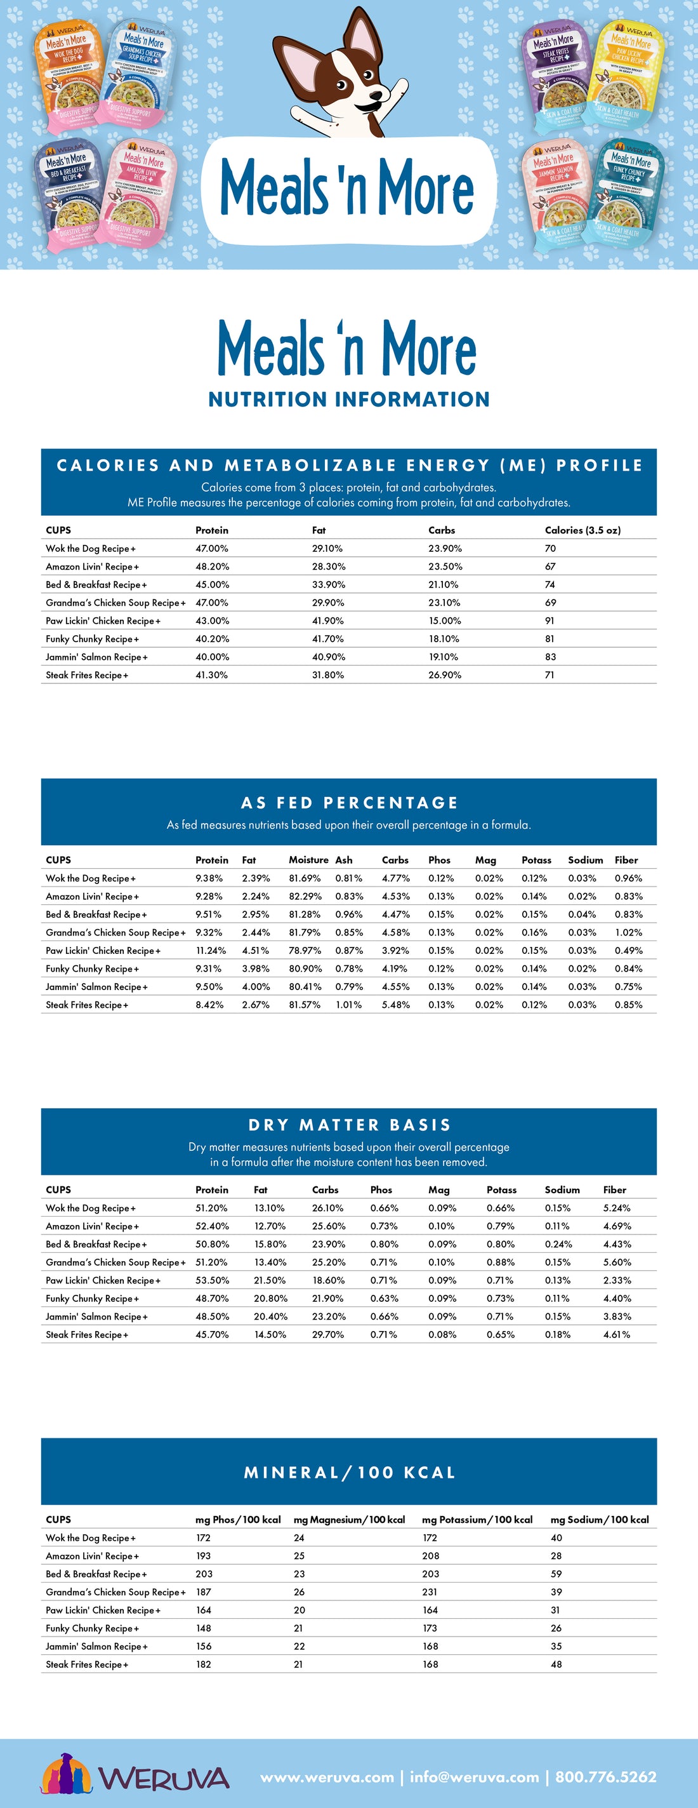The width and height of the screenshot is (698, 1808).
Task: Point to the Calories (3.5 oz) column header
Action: coord(583,530)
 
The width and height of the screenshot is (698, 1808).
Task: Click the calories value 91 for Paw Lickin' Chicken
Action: coord(550,620)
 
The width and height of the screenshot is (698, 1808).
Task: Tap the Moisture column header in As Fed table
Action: coord(308,860)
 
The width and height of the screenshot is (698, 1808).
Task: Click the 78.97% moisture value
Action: coord(305,950)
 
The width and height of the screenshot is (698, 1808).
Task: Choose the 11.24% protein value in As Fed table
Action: coord(210,950)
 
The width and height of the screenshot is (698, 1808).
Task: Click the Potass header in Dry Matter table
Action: coord(501,1189)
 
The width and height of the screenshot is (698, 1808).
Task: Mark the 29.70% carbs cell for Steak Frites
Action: coord(327,1334)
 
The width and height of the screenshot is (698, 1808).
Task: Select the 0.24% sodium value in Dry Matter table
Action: coord(558,1243)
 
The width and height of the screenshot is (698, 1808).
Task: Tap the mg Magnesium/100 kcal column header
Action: coord(348,1520)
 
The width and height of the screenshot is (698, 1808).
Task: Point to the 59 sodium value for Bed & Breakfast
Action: coord(556,1574)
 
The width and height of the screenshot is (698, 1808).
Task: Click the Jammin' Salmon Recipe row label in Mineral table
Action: coord(96,1646)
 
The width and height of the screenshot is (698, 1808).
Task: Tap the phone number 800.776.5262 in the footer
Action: coord(605,1776)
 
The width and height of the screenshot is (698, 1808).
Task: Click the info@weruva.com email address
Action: coord(474,1776)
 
